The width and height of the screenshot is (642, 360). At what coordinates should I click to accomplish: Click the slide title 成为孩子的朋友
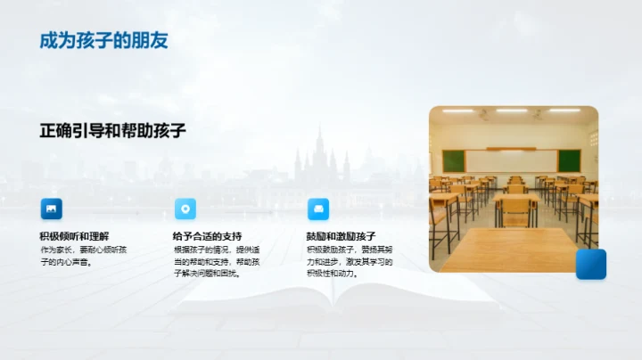pyautogui.click(x=103, y=40)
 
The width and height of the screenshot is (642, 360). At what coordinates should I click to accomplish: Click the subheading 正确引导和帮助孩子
pyautogui.click(x=112, y=130)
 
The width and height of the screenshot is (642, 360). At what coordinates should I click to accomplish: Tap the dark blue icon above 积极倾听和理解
pyautogui.click(x=52, y=209)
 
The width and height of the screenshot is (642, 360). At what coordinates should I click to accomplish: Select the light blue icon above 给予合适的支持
pyautogui.click(x=185, y=209)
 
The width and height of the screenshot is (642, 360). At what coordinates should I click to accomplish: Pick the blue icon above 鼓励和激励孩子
pyautogui.click(x=318, y=209)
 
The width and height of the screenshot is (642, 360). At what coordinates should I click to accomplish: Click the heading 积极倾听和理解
pyautogui.click(x=74, y=236)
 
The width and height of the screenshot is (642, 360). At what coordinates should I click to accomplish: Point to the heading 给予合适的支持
pyautogui.click(x=207, y=236)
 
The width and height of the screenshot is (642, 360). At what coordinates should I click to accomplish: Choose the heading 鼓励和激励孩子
pyautogui.click(x=341, y=236)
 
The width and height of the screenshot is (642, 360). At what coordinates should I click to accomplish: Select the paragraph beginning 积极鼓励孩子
pyautogui.click(x=350, y=262)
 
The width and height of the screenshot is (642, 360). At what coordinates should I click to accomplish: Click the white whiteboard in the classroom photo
pyautogui.click(x=511, y=160)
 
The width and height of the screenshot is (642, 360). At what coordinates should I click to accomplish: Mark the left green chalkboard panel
pyautogui.click(x=454, y=160)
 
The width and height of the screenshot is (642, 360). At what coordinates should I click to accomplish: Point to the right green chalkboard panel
pyautogui.click(x=569, y=160)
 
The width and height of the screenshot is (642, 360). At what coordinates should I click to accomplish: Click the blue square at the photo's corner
pyautogui.click(x=590, y=264)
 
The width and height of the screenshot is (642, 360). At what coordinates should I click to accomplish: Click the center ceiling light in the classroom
pyautogui.click(x=512, y=110)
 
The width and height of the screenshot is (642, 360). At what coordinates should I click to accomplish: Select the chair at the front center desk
pyautogui.click(x=516, y=210)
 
